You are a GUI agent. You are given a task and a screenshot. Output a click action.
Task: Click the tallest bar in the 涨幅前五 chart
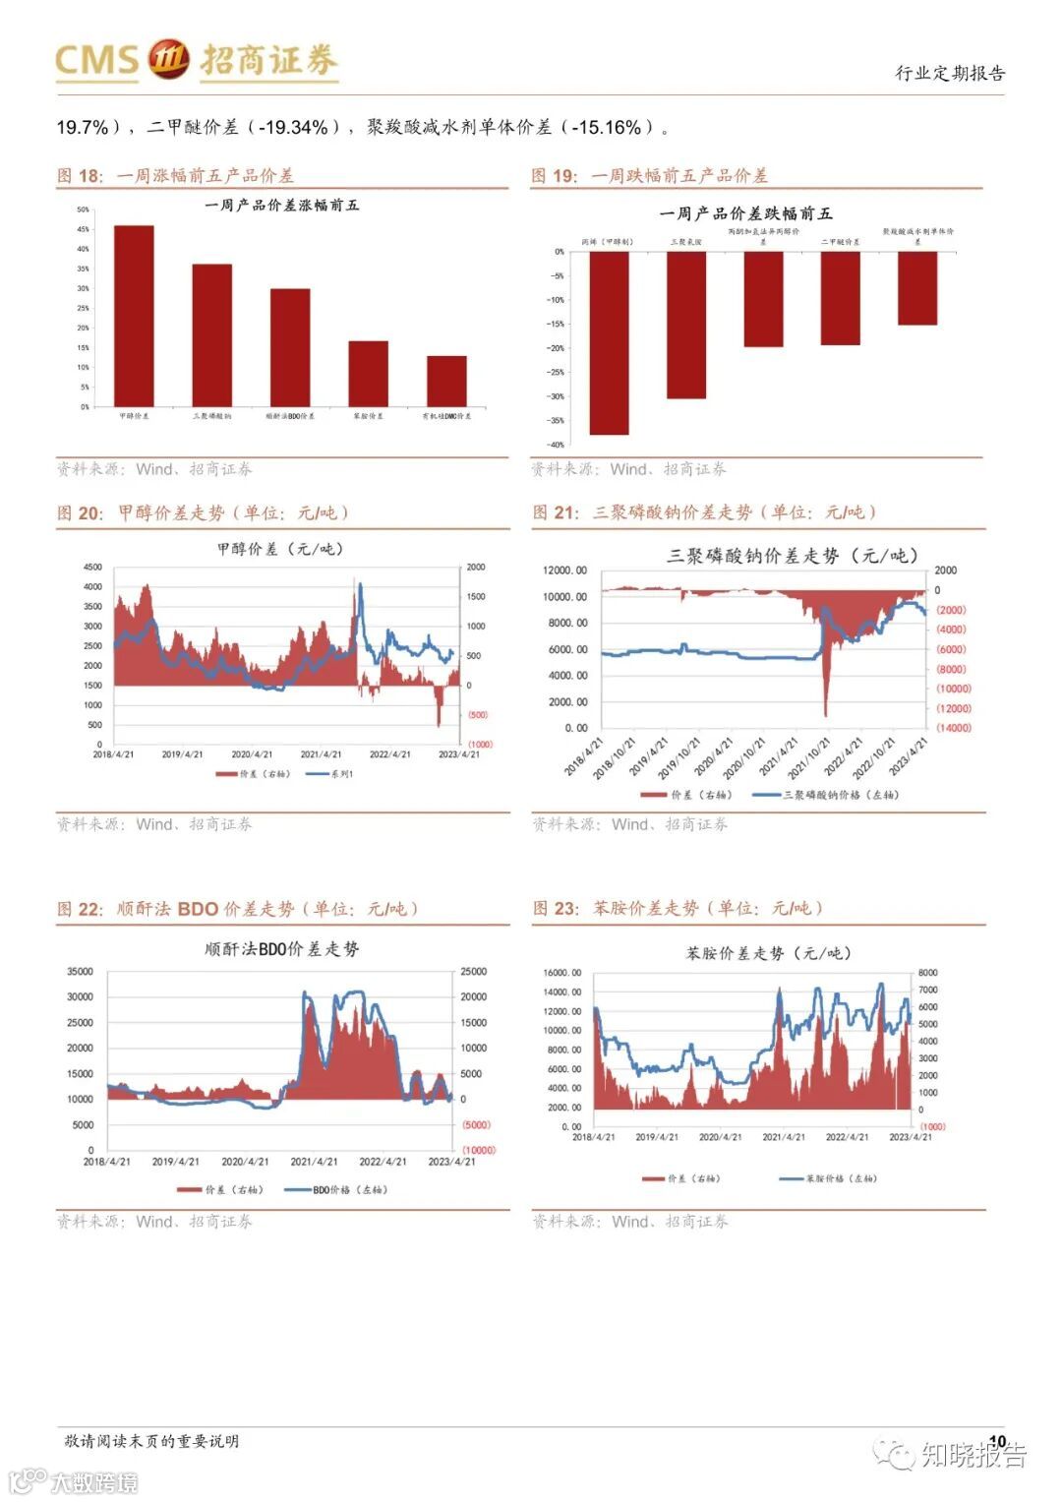pyautogui.click(x=134, y=315)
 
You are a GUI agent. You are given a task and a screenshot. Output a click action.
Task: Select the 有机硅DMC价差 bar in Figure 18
pyautogui.click(x=446, y=381)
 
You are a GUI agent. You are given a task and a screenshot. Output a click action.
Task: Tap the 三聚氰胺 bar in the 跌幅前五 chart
pyautogui.click(x=686, y=325)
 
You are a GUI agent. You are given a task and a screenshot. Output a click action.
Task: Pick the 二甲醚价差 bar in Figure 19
pyautogui.click(x=841, y=298)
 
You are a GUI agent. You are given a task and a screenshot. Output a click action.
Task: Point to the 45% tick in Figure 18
pyautogui.click(x=84, y=229)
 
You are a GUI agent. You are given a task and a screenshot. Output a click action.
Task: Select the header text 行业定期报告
pyautogui.click(x=950, y=73)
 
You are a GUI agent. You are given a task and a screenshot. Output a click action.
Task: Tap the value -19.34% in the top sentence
pyautogui.click(x=293, y=127)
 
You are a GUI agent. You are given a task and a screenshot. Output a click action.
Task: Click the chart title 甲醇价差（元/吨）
pyautogui.click(x=281, y=549)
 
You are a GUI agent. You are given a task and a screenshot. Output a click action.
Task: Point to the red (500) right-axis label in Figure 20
pyautogui.click(x=477, y=715)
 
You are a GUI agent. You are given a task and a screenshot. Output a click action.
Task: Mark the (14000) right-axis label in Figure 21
pyautogui.click(x=952, y=728)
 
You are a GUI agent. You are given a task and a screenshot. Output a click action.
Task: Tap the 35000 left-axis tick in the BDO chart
pyautogui.click(x=80, y=971)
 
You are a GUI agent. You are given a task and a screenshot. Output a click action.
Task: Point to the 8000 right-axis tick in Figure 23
pyautogui.click(x=927, y=973)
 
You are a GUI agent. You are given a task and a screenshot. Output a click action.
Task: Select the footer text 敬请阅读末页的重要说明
pyautogui.click(x=151, y=1441)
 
